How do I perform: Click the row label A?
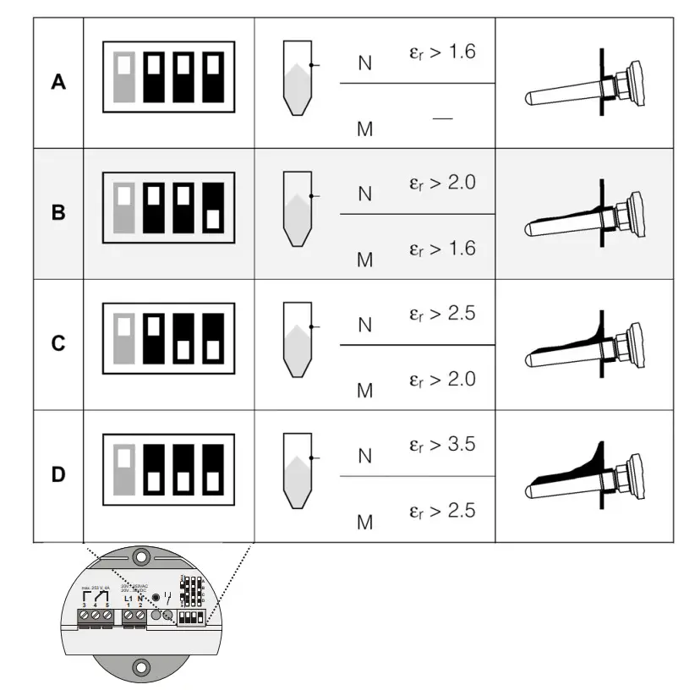(x=58, y=83)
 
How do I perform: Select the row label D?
(x=58, y=475)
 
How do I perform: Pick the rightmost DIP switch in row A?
(x=215, y=82)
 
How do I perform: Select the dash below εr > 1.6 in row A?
(x=441, y=119)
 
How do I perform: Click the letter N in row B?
(x=364, y=194)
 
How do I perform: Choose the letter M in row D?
(x=364, y=522)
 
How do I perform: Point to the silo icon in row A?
(x=296, y=82)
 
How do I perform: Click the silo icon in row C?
(x=296, y=344)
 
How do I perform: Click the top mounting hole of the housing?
(x=140, y=557)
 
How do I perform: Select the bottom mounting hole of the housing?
(x=139, y=667)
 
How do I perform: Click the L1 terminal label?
(x=129, y=598)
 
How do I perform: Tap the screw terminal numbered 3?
(x=85, y=619)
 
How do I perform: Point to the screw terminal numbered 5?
(x=108, y=619)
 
